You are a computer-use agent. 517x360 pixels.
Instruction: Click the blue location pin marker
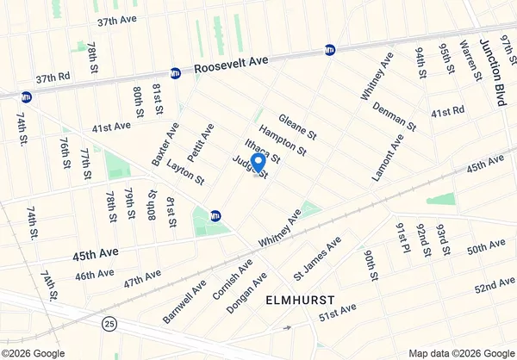(257, 163)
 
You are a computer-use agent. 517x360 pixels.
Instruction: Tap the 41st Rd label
(448, 112)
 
